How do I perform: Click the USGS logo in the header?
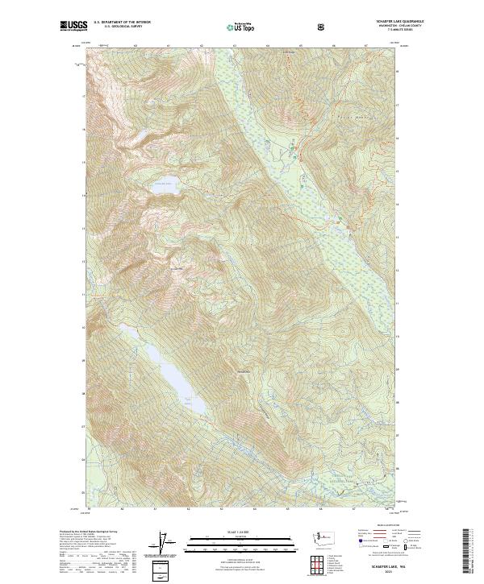[x=73, y=27]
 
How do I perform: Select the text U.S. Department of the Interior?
[x=122, y=22]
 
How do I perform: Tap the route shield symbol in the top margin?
[x=323, y=27]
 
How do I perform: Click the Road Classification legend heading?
[x=378, y=530]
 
